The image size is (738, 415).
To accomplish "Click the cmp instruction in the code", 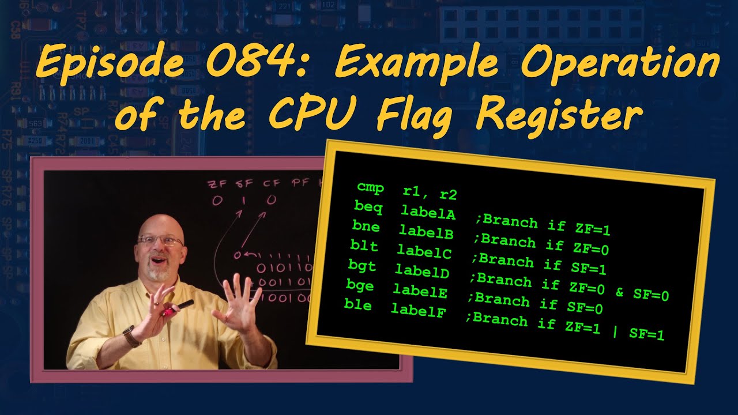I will [x=370, y=187].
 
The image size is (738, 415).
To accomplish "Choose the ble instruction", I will [x=358, y=305].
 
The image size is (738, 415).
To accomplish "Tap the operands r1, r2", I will [x=430, y=193].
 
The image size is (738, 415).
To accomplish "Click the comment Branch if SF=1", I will [x=542, y=265].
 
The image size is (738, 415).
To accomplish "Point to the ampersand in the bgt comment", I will [x=619, y=292].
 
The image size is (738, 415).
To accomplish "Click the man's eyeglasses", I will [x=160, y=240].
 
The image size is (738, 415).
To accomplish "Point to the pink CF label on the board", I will [x=272, y=184].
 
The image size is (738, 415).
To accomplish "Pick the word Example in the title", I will [x=415, y=63].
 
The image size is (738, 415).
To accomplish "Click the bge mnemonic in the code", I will [x=360, y=285].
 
